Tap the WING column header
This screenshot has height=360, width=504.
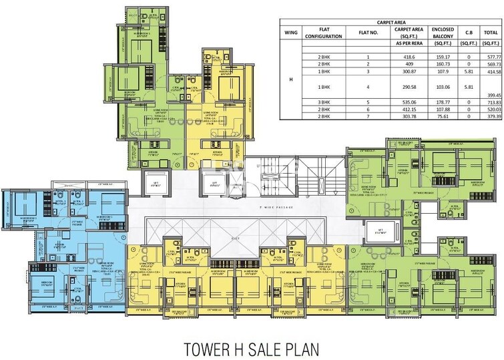click(290, 32)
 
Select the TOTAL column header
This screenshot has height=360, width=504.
click(491, 32)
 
